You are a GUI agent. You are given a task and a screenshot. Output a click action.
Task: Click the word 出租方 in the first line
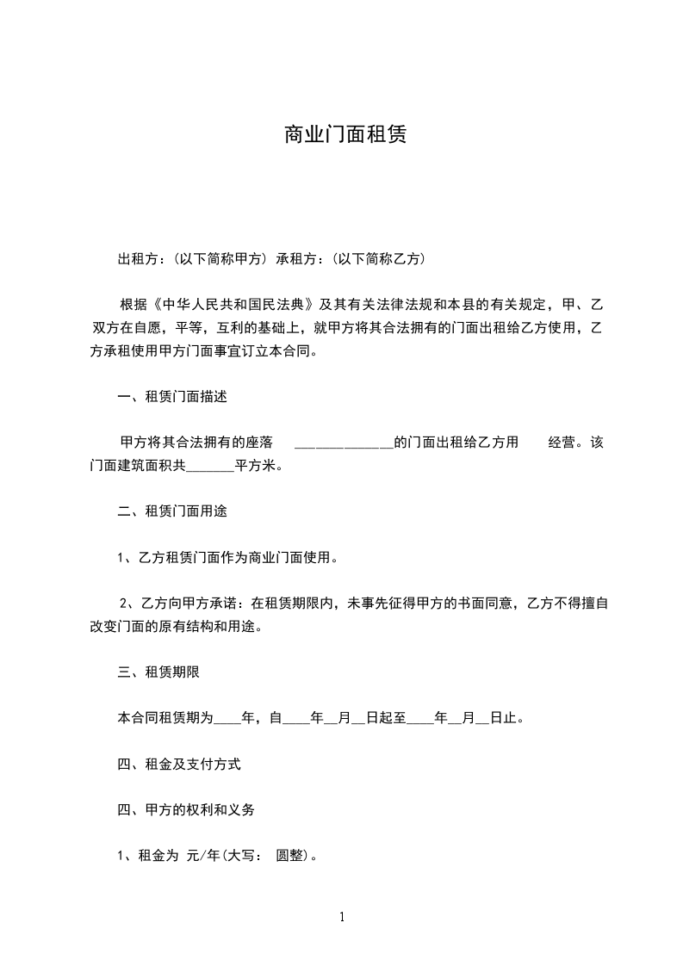click(138, 258)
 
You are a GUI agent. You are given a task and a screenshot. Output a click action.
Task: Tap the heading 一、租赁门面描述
click(172, 397)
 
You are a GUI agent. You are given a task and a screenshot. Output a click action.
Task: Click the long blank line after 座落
click(343, 444)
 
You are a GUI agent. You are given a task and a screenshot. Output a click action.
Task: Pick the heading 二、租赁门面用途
click(172, 511)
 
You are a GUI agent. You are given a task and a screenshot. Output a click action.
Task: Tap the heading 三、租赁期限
click(158, 672)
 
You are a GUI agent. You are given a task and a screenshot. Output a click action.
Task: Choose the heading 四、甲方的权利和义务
click(185, 810)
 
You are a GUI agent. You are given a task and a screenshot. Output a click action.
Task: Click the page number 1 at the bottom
click(342, 918)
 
